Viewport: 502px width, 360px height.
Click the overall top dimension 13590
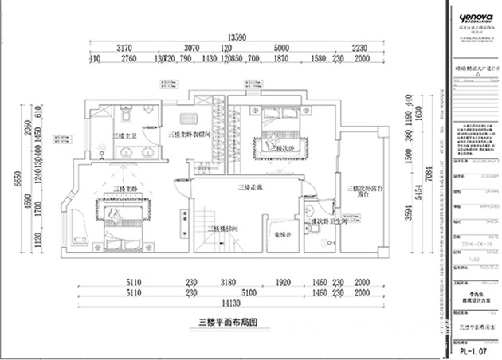(x=235, y=37)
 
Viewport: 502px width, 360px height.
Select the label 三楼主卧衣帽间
(x=189, y=136)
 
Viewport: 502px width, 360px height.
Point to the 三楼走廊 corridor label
(x=250, y=188)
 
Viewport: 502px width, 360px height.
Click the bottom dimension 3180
(x=229, y=281)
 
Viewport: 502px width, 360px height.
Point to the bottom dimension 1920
(x=284, y=281)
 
